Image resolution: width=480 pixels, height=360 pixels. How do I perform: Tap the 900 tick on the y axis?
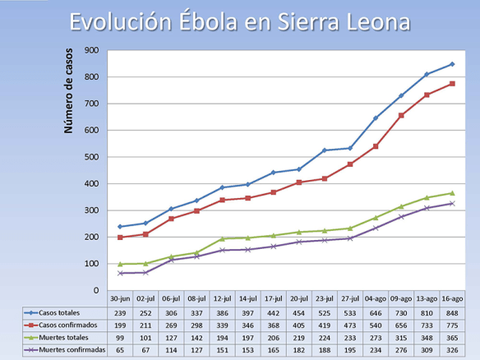click(93, 50)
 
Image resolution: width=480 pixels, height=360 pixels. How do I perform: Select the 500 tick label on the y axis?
click(93, 157)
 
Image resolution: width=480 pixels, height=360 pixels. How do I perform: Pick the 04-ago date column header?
click(376, 299)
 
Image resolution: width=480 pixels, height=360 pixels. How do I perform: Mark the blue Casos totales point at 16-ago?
click(452, 64)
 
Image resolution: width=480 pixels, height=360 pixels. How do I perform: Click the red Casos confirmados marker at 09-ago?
click(401, 116)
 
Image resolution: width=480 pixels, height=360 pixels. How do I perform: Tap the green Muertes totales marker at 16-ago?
click(452, 193)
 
